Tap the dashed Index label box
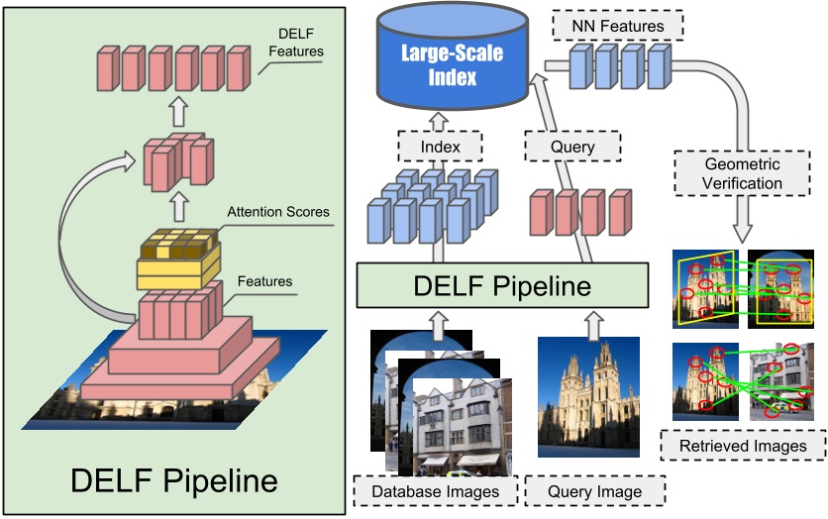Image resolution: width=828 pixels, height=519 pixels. point(440,147)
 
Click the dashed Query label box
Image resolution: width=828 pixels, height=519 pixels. point(571,147)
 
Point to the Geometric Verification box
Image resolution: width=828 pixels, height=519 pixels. point(742,173)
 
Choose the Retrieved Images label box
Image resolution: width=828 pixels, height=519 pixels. point(743,446)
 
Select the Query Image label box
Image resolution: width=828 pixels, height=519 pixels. point(594,491)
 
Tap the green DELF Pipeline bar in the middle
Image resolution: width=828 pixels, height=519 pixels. point(503,287)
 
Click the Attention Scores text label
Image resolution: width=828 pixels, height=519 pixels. point(278,211)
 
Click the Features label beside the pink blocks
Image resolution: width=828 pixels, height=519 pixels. point(265,281)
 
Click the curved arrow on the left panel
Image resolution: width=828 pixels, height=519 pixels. point(79,228)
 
